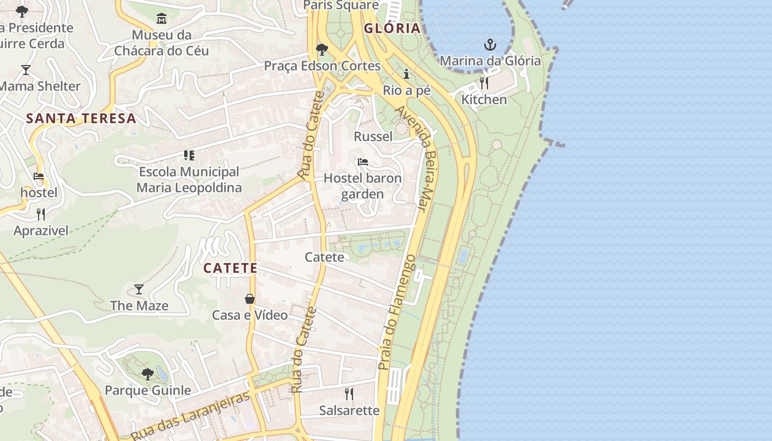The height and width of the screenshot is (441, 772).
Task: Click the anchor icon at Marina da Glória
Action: pyautogui.click(x=490, y=45)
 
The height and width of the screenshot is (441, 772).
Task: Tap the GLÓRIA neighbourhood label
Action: pyautogui.click(x=392, y=29)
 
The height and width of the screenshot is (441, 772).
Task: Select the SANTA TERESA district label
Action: pyautogui.click(x=81, y=118)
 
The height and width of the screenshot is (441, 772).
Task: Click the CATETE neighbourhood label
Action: pyautogui.click(x=230, y=268)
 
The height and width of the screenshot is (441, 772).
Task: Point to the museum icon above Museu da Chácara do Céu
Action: pyautogui.click(x=162, y=19)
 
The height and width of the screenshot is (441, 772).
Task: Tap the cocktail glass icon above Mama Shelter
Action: pyautogui.click(x=26, y=70)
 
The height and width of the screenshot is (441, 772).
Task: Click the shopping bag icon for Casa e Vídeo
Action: pyautogui.click(x=250, y=299)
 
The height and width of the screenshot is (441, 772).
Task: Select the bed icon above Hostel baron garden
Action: pyautogui.click(x=363, y=162)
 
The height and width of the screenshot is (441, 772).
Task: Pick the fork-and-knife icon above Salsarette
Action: pyautogui.click(x=349, y=394)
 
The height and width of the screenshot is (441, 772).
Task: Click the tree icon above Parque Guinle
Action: pyautogui.click(x=147, y=374)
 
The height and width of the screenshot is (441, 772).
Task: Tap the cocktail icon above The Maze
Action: pyautogui.click(x=139, y=289)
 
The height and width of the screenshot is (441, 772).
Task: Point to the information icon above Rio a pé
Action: pyautogui.click(x=407, y=74)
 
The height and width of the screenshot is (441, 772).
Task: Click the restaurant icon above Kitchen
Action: pyautogui.click(x=484, y=83)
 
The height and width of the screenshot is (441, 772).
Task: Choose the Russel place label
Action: pyautogui.click(x=373, y=136)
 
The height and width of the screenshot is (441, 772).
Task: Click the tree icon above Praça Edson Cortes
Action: pyautogui.click(x=322, y=50)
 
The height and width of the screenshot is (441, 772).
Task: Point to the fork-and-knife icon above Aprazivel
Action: pyautogui.click(x=41, y=214)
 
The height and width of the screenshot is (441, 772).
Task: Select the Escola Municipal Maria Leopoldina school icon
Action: pyautogui.click(x=189, y=155)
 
